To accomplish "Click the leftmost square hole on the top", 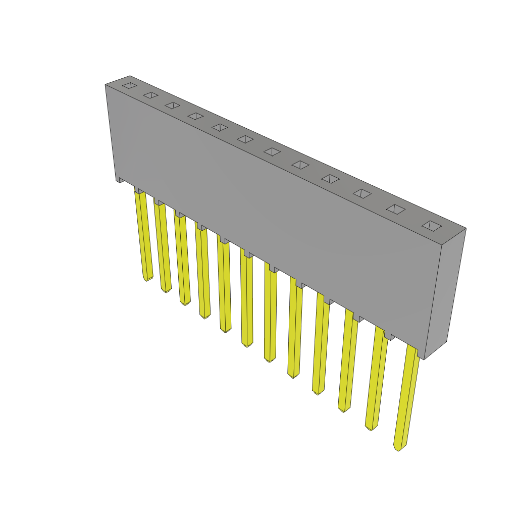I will pyautogui.click(x=130, y=85).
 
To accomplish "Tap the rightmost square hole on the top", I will pyautogui.click(x=432, y=226).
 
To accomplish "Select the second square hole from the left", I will pyautogui.click(x=150, y=95).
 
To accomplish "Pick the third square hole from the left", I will pyautogui.click(x=173, y=105).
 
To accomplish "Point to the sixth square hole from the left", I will pyautogui.click(x=245, y=139).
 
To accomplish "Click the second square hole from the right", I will pyautogui.click(x=396, y=209).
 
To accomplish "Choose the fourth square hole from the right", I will pyautogui.click(x=331, y=179).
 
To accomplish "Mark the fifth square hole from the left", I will pyautogui.click(x=220, y=127).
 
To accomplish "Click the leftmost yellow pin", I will pyautogui.click(x=144, y=235).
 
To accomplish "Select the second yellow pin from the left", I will pyautogui.click(x=163, y=247).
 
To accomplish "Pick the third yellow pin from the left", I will pyautogui.click(x=182, y=260).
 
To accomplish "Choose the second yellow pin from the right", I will pyautogui.click(x=377, y=379).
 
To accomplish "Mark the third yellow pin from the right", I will pyautogui.click(x=348, y=361).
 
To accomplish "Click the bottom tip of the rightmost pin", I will pyautogui.click(x=398, y=448).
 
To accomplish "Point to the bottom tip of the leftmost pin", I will pyautogui.click(x=147, y=279).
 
